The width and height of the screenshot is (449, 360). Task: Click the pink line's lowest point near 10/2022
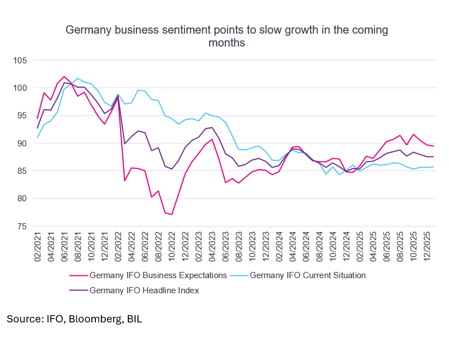point(172,214)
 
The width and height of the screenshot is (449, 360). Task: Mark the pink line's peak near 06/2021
point(64,76)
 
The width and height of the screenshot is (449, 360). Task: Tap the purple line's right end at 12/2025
point(433,156)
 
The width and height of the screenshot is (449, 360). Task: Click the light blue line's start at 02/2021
point(38,137)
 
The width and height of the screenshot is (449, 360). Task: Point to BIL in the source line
point(133,319)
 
